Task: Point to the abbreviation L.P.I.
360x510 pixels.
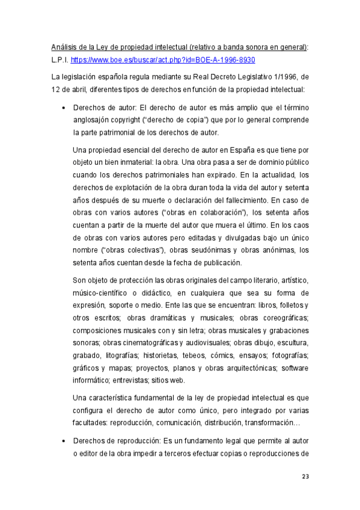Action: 59,60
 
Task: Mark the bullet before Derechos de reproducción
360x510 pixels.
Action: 63,440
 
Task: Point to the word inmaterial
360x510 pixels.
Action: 134,162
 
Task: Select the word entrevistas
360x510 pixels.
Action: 126,380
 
